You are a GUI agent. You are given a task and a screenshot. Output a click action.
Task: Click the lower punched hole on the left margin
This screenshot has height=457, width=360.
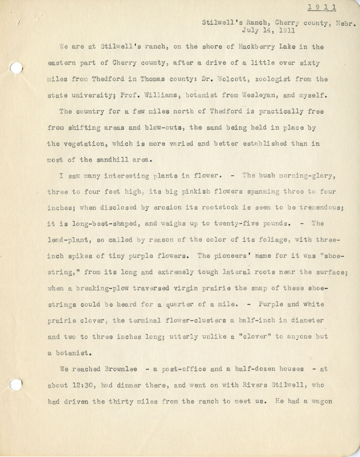point(16,385)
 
